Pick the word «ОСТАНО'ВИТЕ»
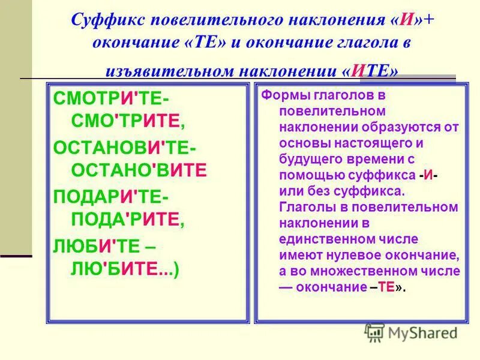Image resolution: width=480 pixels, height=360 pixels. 139,170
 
